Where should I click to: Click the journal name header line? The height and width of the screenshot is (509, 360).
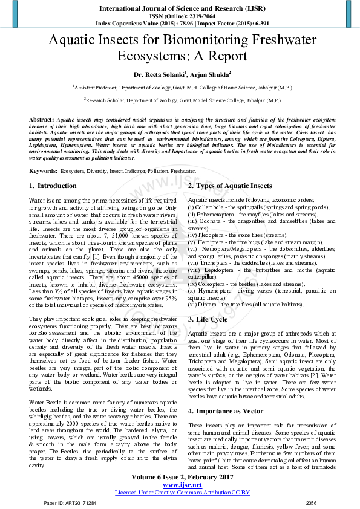180,10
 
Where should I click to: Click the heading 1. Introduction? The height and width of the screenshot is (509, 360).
53,186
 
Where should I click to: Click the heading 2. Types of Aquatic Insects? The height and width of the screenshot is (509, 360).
230,186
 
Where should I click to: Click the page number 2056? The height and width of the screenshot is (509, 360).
311,502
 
